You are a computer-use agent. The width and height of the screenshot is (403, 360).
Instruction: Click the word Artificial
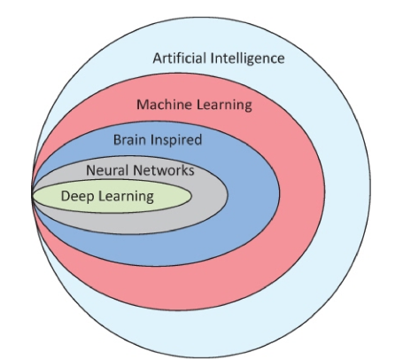(180, 58)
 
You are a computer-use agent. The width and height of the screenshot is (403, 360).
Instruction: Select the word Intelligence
(248, 59)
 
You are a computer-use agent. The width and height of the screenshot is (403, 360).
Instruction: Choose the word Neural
(107, 170)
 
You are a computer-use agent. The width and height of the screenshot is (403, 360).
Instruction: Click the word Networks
(164, 170)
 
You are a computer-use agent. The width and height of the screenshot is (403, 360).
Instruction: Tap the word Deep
(77, 197)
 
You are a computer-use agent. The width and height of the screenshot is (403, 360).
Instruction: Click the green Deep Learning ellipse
(171, 196)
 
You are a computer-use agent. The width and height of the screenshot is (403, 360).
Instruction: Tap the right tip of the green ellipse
(191, 196)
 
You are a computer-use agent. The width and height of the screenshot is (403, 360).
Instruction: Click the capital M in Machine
(142, 105)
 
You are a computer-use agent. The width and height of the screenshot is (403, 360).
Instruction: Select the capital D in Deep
(66, 196)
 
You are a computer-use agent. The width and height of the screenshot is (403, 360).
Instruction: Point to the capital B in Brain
(118, 140)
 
